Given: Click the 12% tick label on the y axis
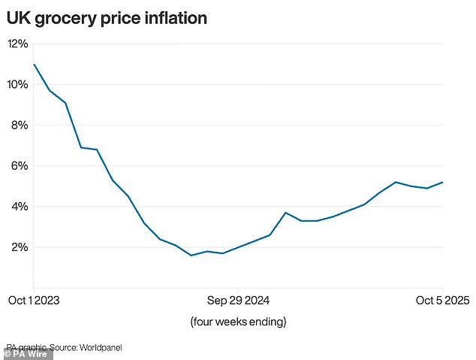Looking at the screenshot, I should [17, 44].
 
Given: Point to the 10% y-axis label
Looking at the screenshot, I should [17, 84].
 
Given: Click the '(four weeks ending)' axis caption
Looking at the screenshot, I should [238, 322].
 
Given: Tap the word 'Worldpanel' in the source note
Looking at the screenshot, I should [98, 347].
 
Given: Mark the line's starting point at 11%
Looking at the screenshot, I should [35, 65].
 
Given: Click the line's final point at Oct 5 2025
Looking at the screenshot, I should [442, 182].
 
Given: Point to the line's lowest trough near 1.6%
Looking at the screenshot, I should [191, 256].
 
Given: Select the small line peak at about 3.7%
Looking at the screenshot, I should [285, 213].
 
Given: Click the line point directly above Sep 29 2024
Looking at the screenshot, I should [238, 247].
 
